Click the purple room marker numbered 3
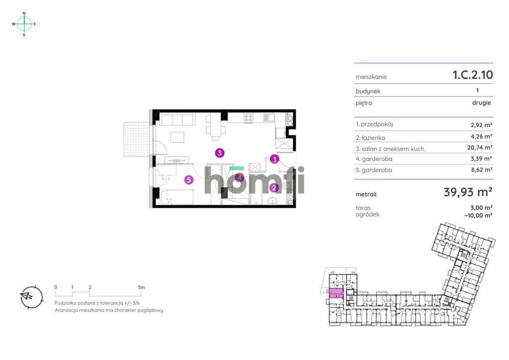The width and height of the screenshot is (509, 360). pyautogui.click(x=220, y=153)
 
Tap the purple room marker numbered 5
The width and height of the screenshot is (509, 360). pyautogui.click(x=189, y=180)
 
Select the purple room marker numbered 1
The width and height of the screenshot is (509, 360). pyautogui.click(x=274, y=159)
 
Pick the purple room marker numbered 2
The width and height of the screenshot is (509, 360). pyautogui.click(x=274, y=187)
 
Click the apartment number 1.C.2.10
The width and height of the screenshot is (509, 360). pyautogui.click(x=473, y=75)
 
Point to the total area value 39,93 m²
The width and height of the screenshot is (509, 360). pyautogui.click(x=468, y=192)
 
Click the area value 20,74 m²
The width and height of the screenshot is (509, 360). pyautogui.click(x=480, y=147)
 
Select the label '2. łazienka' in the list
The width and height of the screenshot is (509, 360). pyautogui.click(x=370, y=138)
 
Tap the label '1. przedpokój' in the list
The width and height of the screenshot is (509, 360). pyautogui.click(x=374, y=124)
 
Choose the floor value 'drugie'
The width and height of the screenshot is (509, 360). pyautogui.click(x=481, y=102)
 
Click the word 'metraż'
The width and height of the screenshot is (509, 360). pyautogui.click(x=366, y=194)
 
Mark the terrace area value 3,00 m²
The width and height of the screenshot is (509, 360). pyautogui.click(x=481, y=208)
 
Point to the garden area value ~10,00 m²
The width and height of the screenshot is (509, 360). pyautogui.click(x=479, y=215)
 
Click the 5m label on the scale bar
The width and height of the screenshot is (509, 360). pyautogui.click(x=141, y=287)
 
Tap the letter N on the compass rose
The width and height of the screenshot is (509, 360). pyautogui.click(x=24, y=13)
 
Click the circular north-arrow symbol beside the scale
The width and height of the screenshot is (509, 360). pyautogui.click(x=31, y=297)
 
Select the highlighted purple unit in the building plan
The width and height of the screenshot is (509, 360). pyautogui.click(x=337, y=293)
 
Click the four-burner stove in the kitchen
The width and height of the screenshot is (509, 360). pyautogui.click(x=249, y=118)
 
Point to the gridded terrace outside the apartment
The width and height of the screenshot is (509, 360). pyautogui.click(x=137, y=139)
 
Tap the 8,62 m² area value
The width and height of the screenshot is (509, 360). pyautogui.click(x=482, y=170)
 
